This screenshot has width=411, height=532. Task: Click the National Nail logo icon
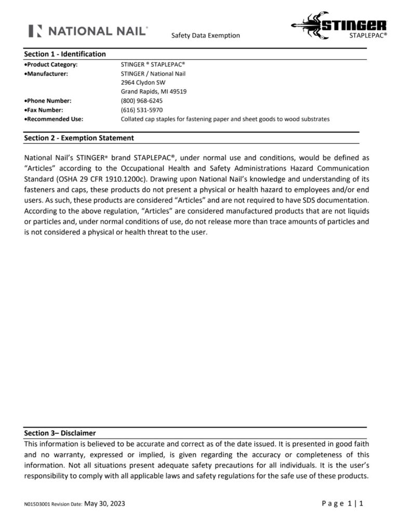coord(35,31)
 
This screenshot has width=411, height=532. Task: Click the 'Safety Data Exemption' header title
coord(205,35)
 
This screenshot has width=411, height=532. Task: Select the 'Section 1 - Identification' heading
coord(65,54)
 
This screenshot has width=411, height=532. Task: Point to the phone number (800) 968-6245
coord(141,101)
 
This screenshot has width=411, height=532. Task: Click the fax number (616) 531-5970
coord(141,110)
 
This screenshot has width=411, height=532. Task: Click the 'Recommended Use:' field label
coord(55,119)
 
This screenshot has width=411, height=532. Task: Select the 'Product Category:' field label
coord(52,64)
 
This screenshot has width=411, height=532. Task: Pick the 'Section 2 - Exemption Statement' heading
coord(79,138)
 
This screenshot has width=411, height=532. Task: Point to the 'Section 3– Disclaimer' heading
coord(60,433)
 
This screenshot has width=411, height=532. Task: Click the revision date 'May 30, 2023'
coord(104,503)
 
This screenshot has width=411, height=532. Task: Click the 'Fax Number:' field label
coord(45,110)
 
